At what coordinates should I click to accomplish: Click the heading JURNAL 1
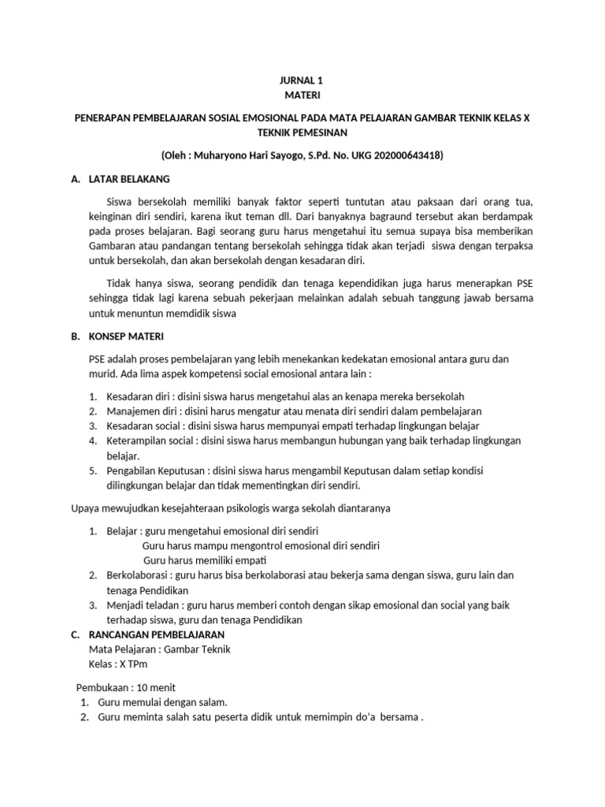302,80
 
